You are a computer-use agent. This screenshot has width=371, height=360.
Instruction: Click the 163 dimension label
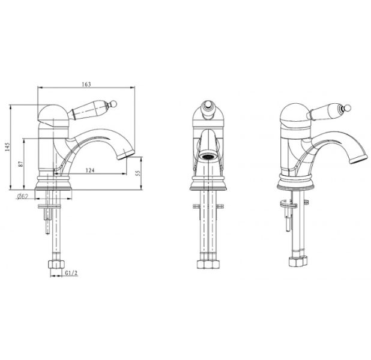[x=86, y=84]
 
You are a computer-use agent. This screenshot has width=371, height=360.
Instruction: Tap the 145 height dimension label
[x=8, y=147]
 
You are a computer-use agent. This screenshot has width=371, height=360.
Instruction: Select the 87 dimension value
[x=21, y=164]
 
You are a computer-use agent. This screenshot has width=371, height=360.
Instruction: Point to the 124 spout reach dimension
[x=90, y=170]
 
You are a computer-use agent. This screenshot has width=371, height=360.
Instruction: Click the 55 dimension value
[x=139, y=173]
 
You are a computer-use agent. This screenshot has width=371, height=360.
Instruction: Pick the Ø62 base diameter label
[x=23, y=196]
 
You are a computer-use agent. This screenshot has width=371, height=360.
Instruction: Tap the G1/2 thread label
[x=71, y=273]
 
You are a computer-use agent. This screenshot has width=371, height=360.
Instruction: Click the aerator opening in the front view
[x=208, y=157]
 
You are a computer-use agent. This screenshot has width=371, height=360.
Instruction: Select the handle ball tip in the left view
[x=114, y=104]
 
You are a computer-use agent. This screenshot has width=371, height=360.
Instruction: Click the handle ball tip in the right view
[x=348, y=107]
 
